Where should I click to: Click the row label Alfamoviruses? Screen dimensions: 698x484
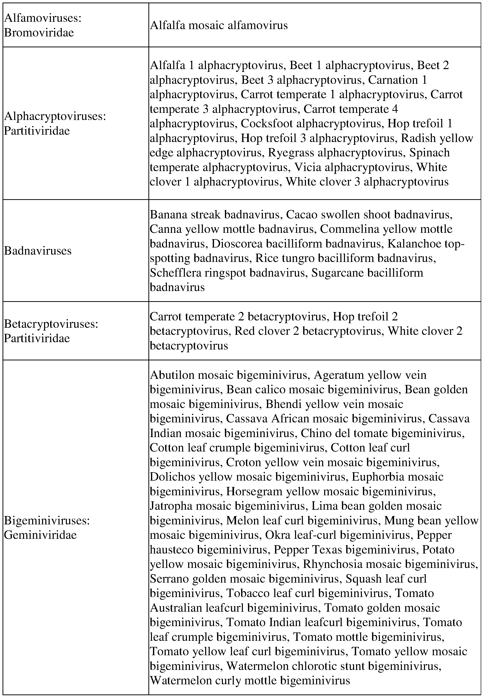click(x=43, y=18)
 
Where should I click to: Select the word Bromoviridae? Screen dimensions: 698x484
click(x=39, y=33)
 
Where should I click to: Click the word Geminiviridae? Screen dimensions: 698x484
click(x=40, y=535)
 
